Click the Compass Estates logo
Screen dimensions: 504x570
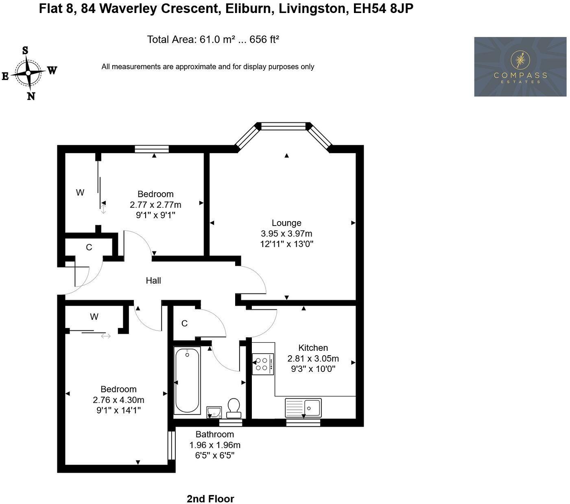click(520, 67)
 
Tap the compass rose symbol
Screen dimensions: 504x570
click(28, 73)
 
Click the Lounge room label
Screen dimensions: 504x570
click(286, 223)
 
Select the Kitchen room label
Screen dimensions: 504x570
click(313, 348)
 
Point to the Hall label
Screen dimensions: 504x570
click(153, 280)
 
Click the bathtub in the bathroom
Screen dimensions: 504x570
click(187, 380)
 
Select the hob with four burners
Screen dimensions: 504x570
click(262, 364)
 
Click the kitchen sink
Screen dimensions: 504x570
click(303, 407)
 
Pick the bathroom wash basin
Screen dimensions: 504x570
click(214, 412)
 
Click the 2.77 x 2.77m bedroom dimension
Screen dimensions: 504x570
click(155, 204)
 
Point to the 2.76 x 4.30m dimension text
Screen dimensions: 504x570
click(118, 400)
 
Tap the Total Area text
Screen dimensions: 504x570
click(213, 39)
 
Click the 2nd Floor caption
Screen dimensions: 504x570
click(210, 499)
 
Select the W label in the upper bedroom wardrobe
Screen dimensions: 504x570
click(80, 192)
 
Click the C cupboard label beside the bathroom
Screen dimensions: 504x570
click(184, 323)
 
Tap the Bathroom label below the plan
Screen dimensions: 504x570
click(214, 434)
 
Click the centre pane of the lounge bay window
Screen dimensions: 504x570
click(283, 126)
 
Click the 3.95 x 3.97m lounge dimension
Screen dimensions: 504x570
click(286, 233)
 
